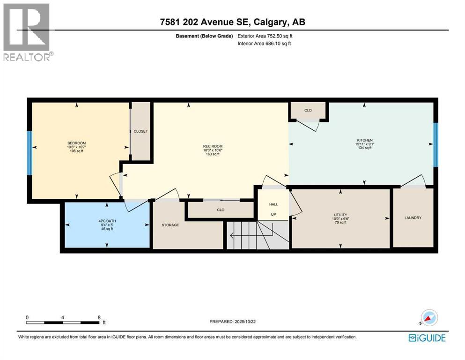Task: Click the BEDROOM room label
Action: pos(76,143)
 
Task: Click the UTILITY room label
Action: pos(340,214)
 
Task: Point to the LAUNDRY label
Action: pos(413,217)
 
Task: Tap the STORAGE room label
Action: pos(170,225)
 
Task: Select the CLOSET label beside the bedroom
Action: pos(140,131)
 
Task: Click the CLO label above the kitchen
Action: pos(308,111)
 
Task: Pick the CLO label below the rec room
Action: pos(221,210)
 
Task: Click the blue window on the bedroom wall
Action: pos(29,152)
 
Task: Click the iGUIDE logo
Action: pos(427,337)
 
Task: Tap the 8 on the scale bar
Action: pos(99,317)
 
